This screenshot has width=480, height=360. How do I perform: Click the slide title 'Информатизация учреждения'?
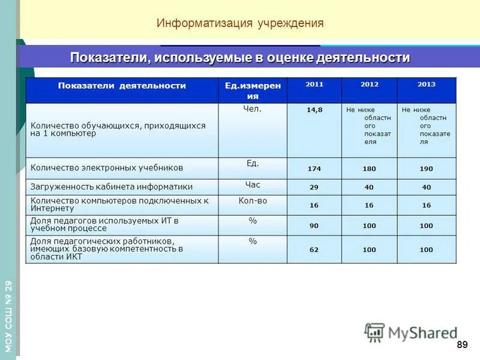pos(240,23)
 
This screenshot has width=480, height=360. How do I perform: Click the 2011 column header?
pos(314,85)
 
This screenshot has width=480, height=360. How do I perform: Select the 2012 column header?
pos(370,85)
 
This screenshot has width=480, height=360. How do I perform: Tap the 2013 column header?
pos(427,85)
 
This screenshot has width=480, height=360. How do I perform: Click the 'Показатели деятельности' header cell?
pos(122,86)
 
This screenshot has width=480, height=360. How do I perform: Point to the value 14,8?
pos(314,110)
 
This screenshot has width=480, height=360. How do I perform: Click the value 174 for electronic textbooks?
pos(314,169)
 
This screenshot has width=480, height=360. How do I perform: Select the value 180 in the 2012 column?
pos(370,169)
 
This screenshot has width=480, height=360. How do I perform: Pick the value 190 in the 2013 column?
pos(427,169)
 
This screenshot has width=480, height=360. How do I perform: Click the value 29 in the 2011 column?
pos(314,187)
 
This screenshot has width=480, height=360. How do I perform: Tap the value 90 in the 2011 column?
pos(314,226)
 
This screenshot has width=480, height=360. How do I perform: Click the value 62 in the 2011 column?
pos(314,250)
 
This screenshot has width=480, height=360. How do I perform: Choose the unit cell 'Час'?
pos(253,185)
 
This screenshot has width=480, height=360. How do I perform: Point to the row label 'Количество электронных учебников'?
pos(107,168)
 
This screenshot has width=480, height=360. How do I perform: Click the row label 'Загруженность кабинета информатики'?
pos(112,187)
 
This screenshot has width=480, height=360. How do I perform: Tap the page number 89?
pos(461,344)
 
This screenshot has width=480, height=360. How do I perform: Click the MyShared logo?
pos(412,333)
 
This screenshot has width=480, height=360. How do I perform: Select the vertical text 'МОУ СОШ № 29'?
pos(8,316)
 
